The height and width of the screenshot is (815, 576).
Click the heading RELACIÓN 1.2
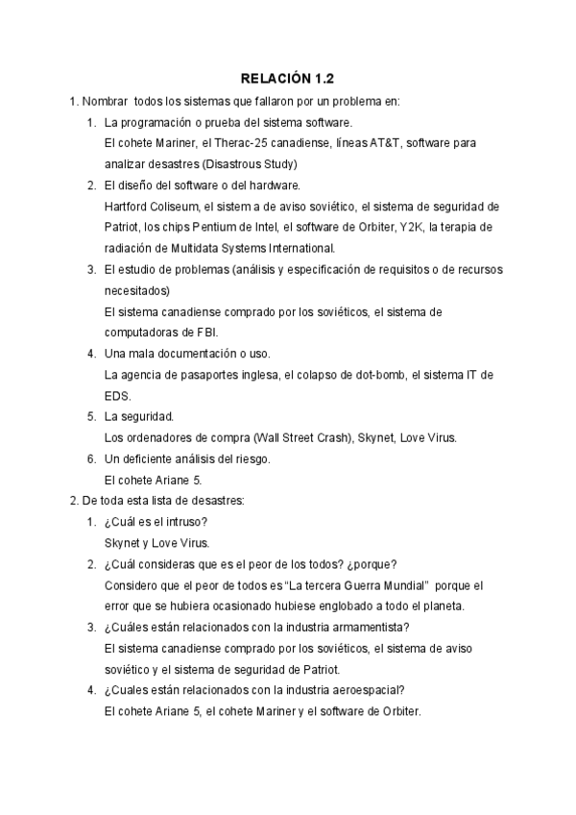[x=287, y=78]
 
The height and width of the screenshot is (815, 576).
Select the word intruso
[x=186, y=522]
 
